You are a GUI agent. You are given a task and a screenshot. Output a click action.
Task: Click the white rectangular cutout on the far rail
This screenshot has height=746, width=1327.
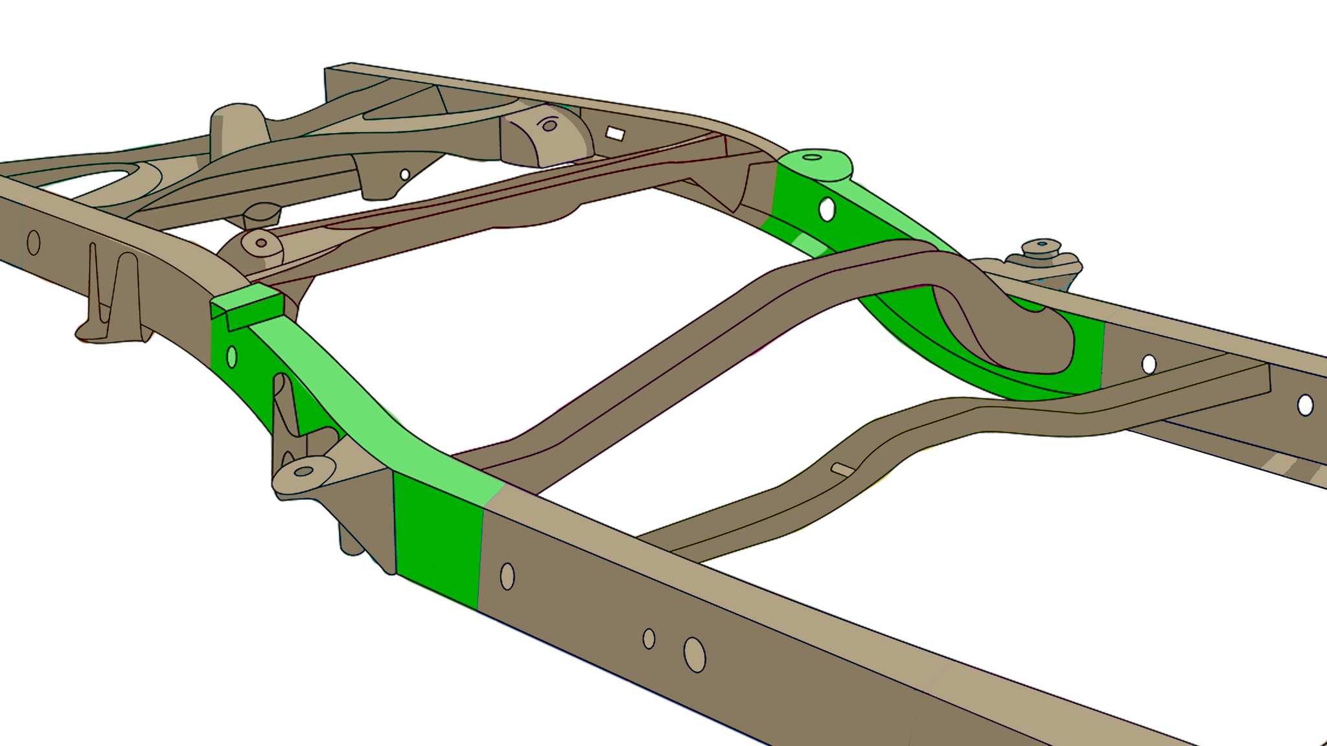point(615,134)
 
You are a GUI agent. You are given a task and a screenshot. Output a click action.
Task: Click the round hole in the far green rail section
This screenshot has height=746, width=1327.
point(827,209)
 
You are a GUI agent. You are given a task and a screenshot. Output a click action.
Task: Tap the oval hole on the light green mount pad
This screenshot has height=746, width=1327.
point(812,157)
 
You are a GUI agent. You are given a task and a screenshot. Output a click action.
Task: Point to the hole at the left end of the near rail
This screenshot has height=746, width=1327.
point(34,243)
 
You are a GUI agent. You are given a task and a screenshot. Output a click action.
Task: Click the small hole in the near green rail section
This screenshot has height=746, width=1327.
point(232,357)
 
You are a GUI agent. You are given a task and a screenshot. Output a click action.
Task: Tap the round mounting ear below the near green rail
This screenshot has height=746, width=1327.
point(304,471)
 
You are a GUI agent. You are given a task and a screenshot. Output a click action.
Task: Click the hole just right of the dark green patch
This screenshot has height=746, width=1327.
point(507,576)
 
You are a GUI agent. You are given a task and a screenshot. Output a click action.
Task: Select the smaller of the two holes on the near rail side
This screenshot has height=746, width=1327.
point(649,639)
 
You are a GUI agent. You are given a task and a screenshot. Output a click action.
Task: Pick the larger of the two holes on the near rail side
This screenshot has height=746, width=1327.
point(695,655)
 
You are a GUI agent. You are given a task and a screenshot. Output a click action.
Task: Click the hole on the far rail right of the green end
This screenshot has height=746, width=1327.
point(1149,364)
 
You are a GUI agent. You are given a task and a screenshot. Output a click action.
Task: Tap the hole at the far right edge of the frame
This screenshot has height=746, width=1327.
point(1305,405)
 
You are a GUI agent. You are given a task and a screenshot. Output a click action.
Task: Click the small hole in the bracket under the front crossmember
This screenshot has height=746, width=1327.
point(405,174)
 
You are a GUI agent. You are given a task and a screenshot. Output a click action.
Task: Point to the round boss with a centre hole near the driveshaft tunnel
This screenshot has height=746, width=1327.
point(261,243)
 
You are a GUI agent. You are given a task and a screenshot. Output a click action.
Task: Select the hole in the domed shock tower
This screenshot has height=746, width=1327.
point(549,126)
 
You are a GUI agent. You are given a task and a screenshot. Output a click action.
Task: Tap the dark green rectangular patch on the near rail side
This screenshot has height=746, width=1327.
point(437,541)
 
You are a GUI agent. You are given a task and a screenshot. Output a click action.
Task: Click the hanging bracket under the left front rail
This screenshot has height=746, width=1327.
point(113,298)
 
